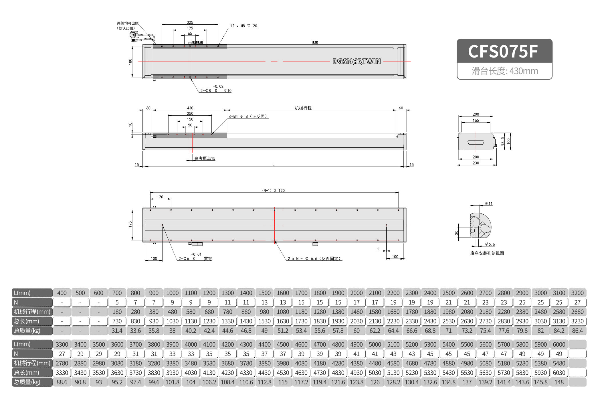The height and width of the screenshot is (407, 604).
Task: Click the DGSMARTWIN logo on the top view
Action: coord(357,61)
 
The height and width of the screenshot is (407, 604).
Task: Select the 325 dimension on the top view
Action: coord(190,22)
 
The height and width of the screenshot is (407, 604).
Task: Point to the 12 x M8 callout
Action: coord(243,26)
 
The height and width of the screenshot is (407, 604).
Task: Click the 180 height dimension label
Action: coord(130,61)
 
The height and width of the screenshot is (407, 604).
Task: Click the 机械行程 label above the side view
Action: coord(303,108)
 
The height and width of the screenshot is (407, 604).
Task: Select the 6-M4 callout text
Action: coord(248,116)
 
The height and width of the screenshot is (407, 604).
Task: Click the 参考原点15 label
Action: coord(205,158)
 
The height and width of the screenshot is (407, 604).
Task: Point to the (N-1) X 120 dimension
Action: coord(273,190)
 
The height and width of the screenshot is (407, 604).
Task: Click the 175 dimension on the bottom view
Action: coord(130,224)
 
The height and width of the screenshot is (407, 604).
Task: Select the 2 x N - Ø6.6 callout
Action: coord(314,258)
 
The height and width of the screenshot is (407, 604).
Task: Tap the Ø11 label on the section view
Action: coord(489,204)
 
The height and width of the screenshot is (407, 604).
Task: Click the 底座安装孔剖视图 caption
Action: coord(487,253)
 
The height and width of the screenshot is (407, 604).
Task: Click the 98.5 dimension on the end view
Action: coord(502,141)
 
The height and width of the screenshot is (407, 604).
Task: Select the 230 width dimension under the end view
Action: coord(476,163)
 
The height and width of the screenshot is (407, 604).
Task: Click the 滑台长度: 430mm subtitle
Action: coord(505,71)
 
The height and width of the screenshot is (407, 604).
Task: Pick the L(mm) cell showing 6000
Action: coord(559,344)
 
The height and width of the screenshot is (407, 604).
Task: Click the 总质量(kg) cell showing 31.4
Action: coord(117,331)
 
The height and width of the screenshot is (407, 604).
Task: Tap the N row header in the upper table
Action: coord(32,303)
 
